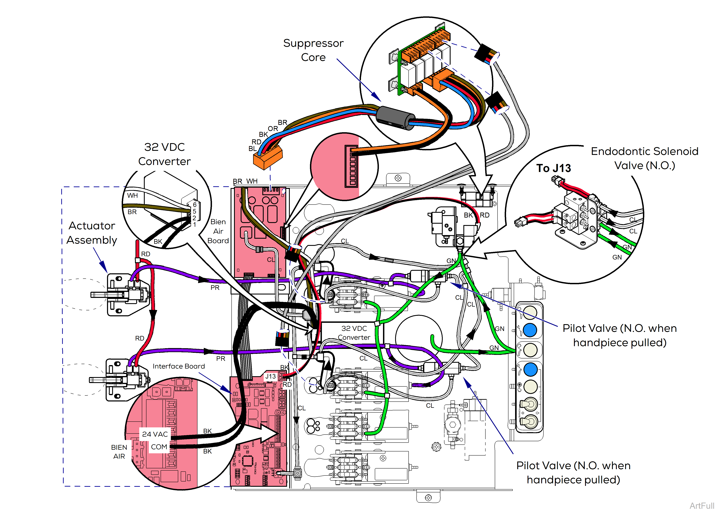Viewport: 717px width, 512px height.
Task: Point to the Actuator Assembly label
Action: tap(92, 233)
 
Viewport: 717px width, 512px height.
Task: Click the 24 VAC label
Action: tap(155, 434)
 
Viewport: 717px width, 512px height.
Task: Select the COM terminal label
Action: tap(159, 447)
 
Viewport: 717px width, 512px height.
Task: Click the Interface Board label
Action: tap(179, 366)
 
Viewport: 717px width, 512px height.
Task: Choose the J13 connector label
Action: tap(270, 376)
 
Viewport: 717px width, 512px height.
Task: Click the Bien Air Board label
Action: tap(218, 231)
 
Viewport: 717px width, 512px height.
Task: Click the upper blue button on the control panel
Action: tap(530, 330)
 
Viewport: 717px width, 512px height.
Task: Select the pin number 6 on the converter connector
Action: tap(195, 205)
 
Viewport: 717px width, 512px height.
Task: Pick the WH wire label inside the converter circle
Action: tap(132, 196)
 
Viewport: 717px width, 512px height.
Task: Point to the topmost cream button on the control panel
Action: tap(530, 312)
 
